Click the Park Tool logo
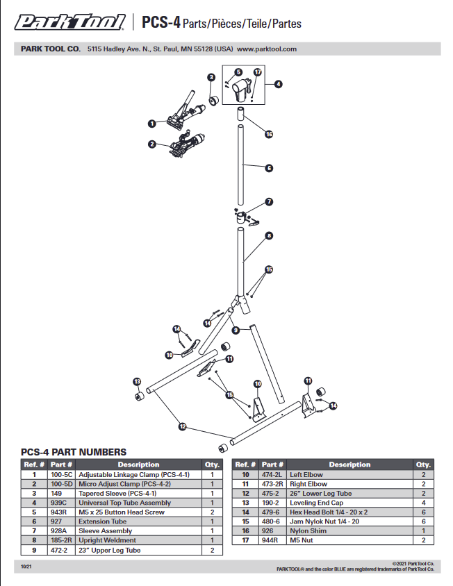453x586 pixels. (70, 22)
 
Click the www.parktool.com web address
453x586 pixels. (267, 49)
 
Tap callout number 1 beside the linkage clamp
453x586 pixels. (152, 124)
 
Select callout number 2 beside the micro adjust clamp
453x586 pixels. (152, 144)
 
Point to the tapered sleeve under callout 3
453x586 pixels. (213, 101)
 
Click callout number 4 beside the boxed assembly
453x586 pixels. (279, 84)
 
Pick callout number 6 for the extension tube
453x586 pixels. (269, 168)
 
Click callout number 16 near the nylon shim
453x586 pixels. (269, 134)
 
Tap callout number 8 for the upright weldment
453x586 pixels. (269, 236)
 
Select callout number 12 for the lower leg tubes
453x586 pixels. (183, 426)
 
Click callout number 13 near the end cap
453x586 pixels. (138, 382)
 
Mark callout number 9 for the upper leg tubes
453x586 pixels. (236, 330)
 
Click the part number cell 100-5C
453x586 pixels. (62, 475)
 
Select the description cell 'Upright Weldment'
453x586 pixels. (108, 540)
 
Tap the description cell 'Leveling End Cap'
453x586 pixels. (316, 503)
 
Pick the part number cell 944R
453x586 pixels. (270, 540)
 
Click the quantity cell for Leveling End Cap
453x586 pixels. (423, 503)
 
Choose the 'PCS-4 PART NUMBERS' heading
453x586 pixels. (74, 452)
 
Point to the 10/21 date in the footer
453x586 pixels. (26, 567)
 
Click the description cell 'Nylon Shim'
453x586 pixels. (308, 530)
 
